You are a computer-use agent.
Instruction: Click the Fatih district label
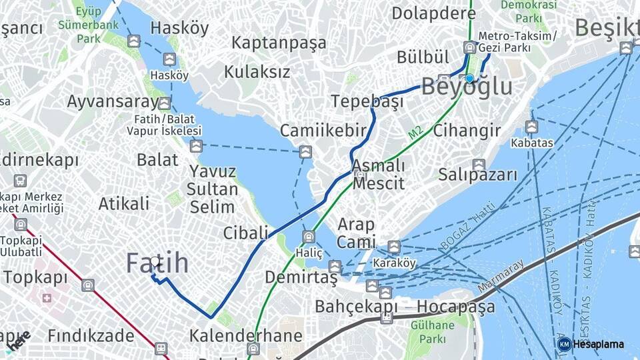click(157, 264)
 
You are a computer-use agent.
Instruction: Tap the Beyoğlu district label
click(467, 87)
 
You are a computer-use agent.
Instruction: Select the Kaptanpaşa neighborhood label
click(279, 43)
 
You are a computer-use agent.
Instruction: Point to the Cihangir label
click(467, 131)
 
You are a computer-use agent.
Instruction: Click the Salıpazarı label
click(477, 175)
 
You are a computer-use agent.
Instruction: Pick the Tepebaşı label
click(367, 102)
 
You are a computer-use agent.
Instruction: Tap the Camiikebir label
click(323, 131)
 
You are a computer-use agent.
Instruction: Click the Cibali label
click(245, 233)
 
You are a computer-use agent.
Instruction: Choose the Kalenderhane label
click(245, 335)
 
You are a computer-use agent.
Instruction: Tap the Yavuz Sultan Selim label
click(213, 189)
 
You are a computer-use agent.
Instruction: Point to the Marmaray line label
click(500, 276)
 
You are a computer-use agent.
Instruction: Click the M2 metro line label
click(415, 133)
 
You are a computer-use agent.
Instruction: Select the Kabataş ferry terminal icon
click(531, 127)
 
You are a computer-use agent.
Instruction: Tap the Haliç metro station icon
click(309, 237)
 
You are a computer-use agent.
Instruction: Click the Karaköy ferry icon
click(394, 247)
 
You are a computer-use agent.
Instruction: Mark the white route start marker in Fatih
click(155, 263)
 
